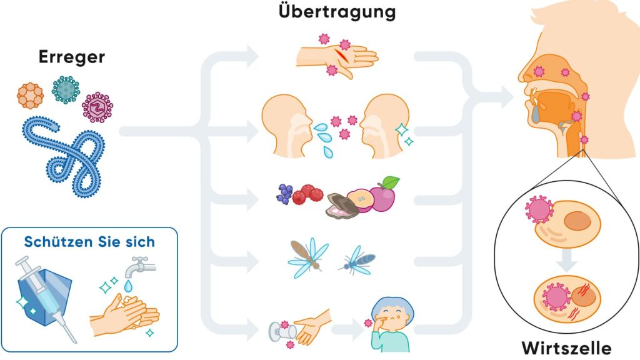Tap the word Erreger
[72, 57]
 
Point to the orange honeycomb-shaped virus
[31, 94]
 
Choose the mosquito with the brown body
[307, 256]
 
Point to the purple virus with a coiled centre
[98, 107]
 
